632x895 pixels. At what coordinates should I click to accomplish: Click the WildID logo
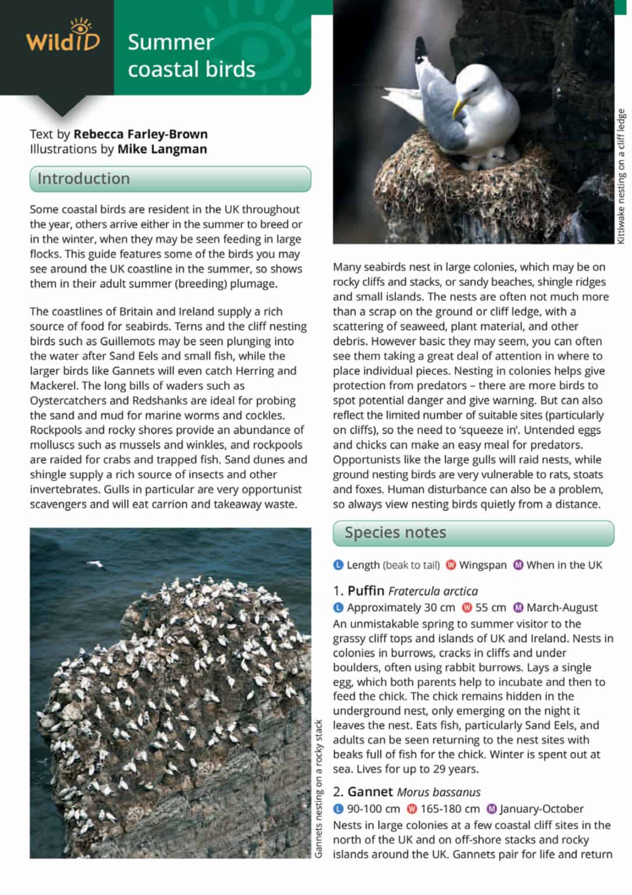62,37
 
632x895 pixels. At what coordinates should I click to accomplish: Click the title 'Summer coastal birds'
191,56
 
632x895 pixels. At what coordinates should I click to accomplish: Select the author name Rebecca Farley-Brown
140,134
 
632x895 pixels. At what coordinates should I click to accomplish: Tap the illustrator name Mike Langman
162,149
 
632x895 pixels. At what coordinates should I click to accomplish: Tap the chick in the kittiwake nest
495,156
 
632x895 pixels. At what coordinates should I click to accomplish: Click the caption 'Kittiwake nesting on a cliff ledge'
621,177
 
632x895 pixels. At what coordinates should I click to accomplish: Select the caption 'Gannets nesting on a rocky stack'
318,789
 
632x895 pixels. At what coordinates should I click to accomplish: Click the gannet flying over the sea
95,563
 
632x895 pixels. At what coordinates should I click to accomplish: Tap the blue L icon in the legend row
338,565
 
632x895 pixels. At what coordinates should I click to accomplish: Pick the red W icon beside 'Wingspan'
451,565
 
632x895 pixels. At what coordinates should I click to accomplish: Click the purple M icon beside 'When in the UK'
518,565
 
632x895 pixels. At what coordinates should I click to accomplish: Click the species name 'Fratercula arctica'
433,591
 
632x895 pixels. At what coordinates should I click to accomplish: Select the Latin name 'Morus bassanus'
439,792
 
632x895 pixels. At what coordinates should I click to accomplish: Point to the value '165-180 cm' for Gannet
450,809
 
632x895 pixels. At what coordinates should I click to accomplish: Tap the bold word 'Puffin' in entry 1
366,591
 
